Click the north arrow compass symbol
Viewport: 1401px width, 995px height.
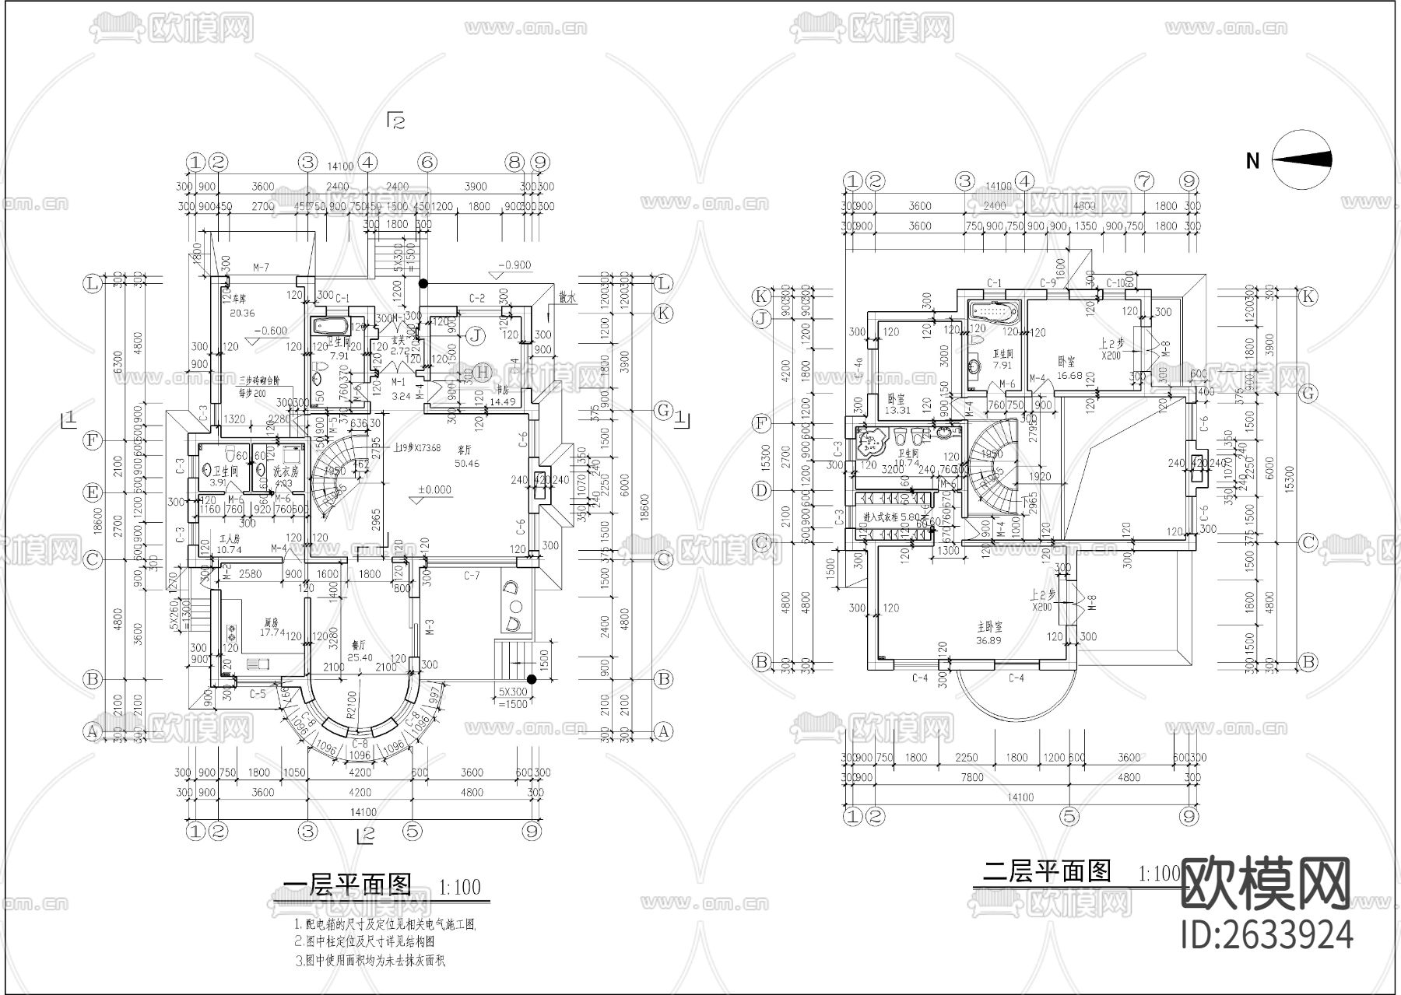(1302, 159)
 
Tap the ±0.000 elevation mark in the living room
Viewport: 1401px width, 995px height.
(434, 490)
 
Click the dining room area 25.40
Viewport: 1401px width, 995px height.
(360, 657)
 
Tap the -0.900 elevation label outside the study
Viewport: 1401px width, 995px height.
(514, 265)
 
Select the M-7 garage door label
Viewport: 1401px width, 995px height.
(261, 268)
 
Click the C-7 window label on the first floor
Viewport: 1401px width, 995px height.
(472, 576)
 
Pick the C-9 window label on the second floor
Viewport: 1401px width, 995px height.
(1048, 283)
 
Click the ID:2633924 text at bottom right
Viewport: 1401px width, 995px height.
(1267, 934)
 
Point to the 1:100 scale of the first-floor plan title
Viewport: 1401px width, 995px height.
(459, 887)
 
